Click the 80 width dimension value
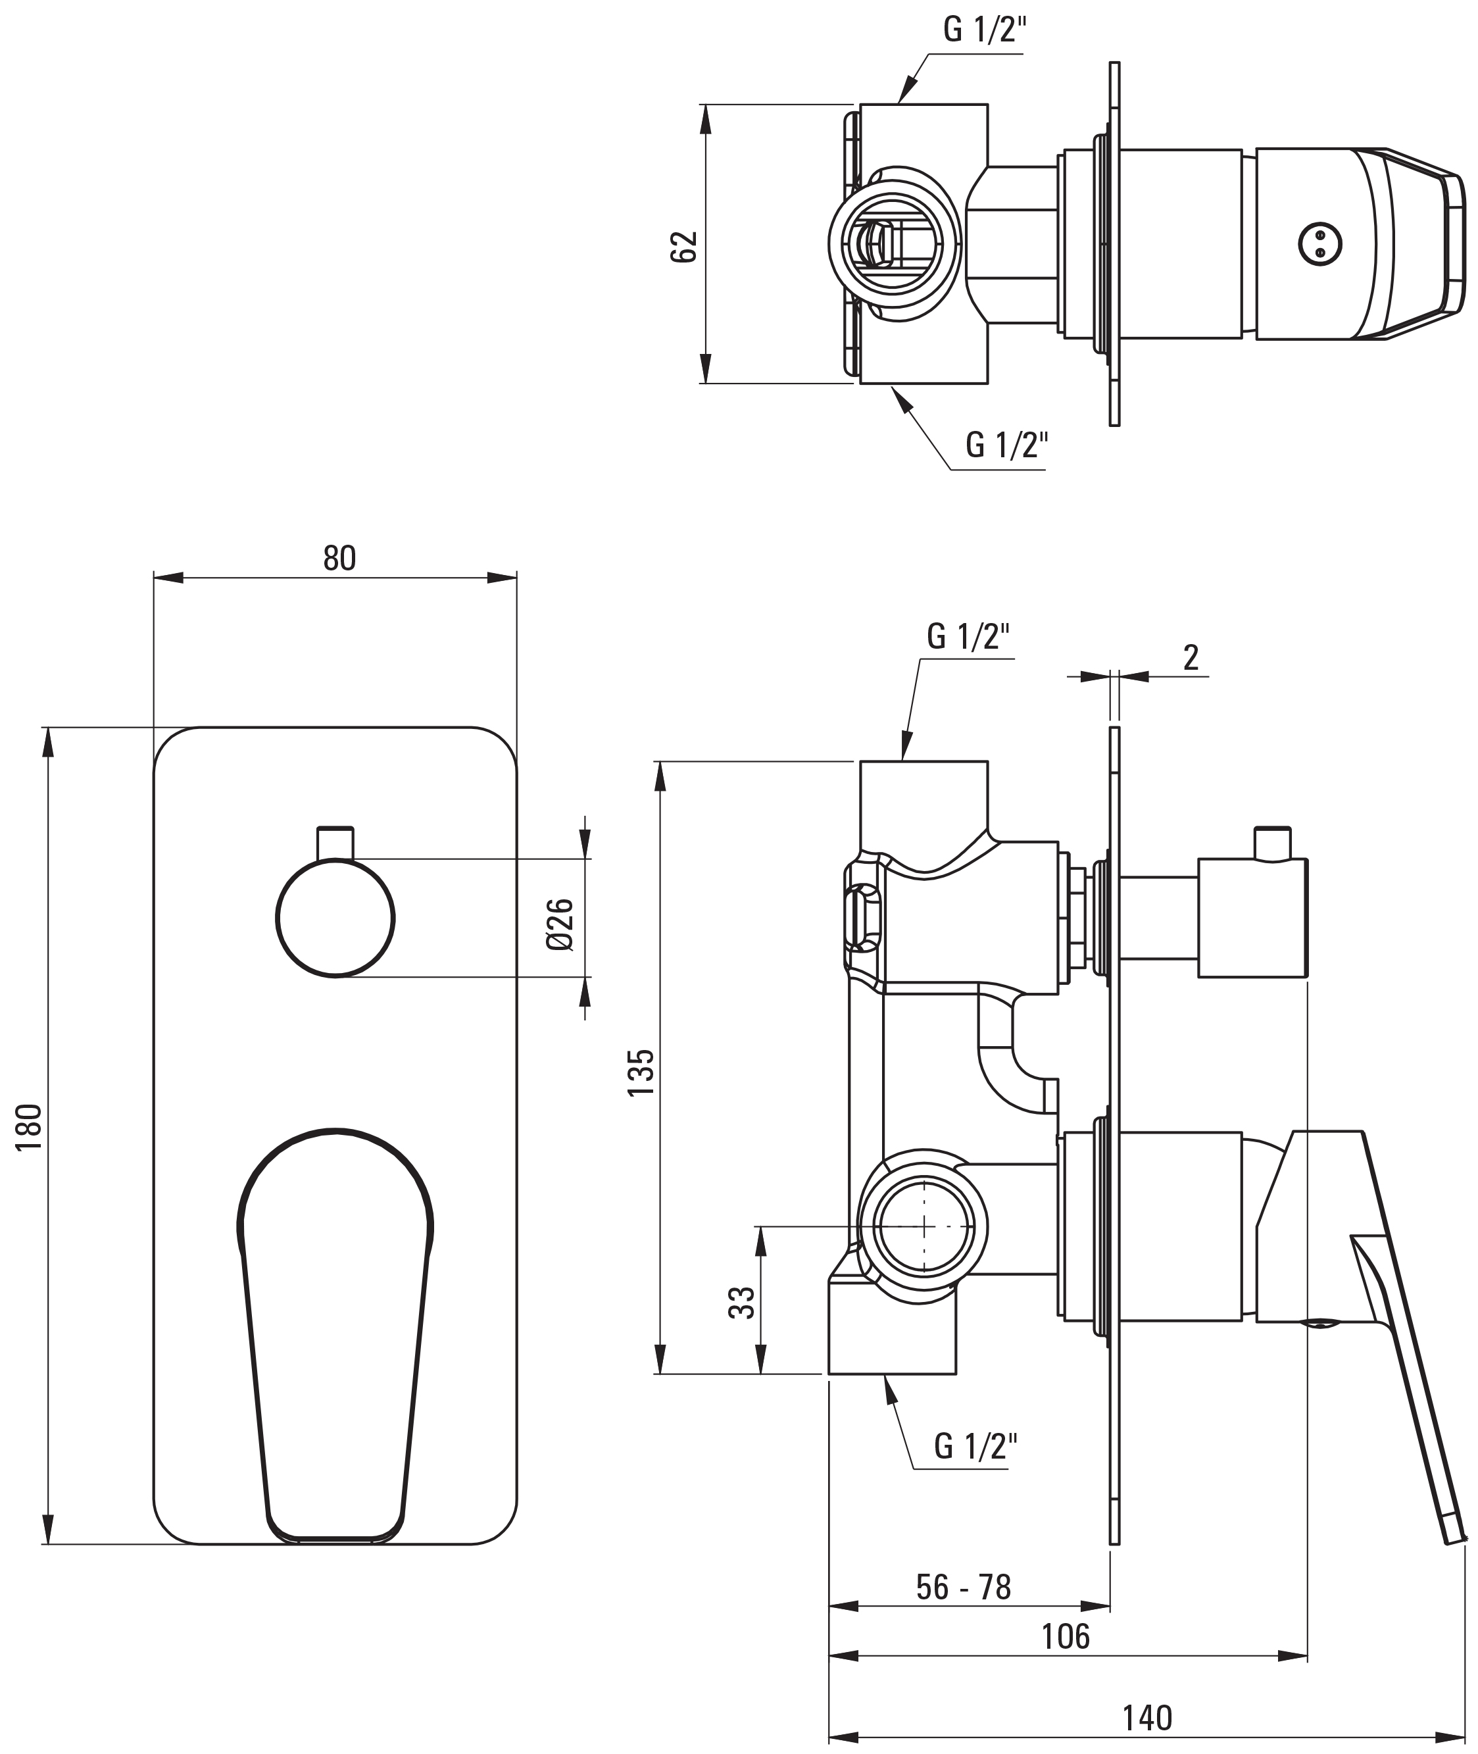coord(339,558)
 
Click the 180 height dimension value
coord(30,1127)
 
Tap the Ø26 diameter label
coord(560,924)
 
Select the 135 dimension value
coord(641,1072)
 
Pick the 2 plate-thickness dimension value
coord(1191,658)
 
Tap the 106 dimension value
coord(1066,1636)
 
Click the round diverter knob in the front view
coord(335,918)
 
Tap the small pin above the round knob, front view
coord(335,843)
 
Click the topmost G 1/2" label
coord(985,30)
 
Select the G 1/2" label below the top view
coord(1007,444)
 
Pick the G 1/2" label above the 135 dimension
coord(968,637)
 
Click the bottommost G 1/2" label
coord(975,1445)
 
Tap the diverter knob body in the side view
coord(1252,918)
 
